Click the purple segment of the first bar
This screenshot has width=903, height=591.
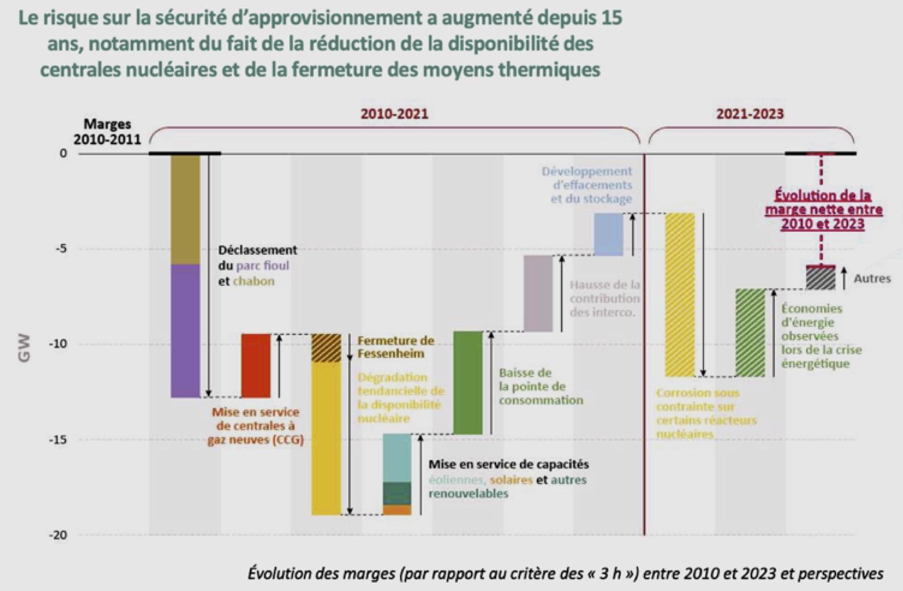[186, 331]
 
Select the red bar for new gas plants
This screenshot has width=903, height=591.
[255, 366]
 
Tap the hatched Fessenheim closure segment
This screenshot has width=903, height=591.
[326, 348]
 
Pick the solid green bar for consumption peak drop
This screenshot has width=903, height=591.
[468, 383]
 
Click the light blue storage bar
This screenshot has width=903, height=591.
[609, 234]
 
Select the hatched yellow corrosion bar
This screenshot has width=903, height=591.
[680, 295]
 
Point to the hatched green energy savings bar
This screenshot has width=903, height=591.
[750, 333]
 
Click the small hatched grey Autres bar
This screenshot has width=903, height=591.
[821, 278]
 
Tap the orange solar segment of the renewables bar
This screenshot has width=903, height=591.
[397, 510]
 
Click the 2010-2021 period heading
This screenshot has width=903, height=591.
[394, 114]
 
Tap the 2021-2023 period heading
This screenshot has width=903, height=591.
[750, 114]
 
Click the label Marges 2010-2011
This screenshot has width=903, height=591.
[107, 131]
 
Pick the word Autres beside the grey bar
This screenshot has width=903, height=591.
[872, 278]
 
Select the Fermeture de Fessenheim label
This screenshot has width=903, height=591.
[395, 347]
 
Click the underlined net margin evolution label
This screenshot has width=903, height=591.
[823, 209]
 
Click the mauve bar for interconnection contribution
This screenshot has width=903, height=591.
[538, 293]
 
